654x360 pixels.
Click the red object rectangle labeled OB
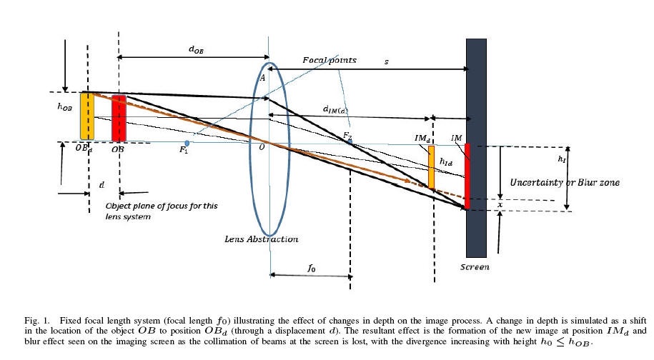click(x=119, y=118)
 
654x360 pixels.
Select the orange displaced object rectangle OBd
click(x=86, y=116)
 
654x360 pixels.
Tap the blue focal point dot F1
click(x=187, y=143)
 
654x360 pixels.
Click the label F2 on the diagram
click(x=347, y=135)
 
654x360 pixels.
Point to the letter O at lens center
click(x=262, y=146)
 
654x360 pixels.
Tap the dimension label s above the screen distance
click(x=386, y=61)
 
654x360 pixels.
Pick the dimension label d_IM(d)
click(x=335, y=109)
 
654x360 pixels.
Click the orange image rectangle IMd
click(x=431, y=167)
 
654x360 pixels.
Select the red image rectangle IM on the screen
click(x=467, y=176)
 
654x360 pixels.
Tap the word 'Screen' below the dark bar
click(x=475, y=267)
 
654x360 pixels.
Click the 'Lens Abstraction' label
click(x=262, y=239)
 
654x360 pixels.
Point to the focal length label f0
click(x=310, y=269)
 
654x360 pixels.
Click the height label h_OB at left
click(x=65, y=106)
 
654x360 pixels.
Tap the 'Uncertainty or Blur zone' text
click(x=565, y=183)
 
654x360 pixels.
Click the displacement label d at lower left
click(x=101, y=184)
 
